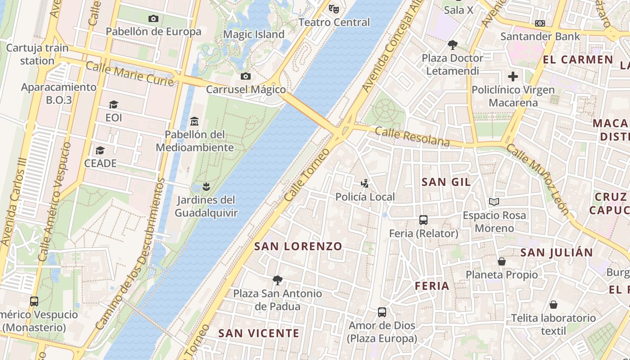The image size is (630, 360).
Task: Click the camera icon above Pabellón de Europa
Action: pos(153,18)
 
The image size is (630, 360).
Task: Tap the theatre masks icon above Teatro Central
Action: pos(333,9)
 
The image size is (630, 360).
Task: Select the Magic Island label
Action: pos(254,35)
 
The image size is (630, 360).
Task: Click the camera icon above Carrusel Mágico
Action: pos(245,76)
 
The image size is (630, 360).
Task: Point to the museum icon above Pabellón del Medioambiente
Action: pos(194,121)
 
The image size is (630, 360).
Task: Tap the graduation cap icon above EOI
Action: pos(113,104)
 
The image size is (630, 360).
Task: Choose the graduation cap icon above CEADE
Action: pos(100,150)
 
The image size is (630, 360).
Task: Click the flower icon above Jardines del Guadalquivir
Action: pos(206,186)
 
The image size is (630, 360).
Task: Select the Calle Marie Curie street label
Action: pos(130,74)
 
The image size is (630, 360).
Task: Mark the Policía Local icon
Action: pos(365,183)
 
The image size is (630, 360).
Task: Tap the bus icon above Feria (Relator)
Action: pos(423,220)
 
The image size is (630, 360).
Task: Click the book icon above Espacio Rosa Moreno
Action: pos(494,202)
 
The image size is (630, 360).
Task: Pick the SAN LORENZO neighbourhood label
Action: pos(298,247)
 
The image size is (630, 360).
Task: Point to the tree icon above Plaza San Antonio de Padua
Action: pos(278,280)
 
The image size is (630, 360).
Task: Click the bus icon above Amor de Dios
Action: pos(382,312)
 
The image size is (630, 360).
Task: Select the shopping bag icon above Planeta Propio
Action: pos(501,261)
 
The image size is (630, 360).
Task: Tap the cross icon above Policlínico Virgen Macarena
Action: pos(513,76)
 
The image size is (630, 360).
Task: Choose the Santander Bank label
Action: pos(540,36)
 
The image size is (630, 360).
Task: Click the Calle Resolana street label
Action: pos(412,137)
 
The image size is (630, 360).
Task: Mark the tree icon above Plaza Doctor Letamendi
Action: pos(452,45)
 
